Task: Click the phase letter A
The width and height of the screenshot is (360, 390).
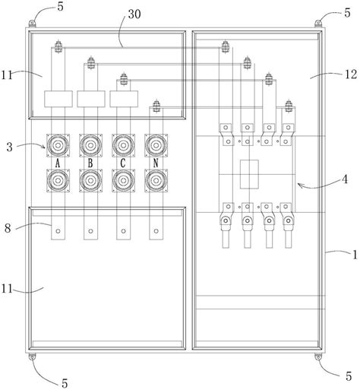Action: [x=58, y=163]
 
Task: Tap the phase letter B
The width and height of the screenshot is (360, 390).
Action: [x=90, y=163]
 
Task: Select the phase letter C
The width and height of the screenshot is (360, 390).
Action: [x=123, y=163]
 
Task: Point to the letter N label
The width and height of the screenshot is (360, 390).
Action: [x=156, y=163]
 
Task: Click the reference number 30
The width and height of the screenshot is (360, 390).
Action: [x=134, y=14]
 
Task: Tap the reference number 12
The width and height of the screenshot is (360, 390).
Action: [x=351, y=74]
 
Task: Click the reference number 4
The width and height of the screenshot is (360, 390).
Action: [x=345, y=179]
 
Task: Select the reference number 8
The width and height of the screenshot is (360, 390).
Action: [x=8, y=228]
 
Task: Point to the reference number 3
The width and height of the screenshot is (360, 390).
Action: [x=9, y=147]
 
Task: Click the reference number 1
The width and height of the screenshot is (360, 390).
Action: [x=355, y=255]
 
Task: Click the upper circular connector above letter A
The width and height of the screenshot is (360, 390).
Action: [x=58, y=145]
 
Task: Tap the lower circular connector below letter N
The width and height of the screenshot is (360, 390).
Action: [x=156, y=180]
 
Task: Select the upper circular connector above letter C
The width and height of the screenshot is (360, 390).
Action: [x=123, y=145]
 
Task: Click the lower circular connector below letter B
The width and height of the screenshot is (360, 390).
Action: [x=90, y=180]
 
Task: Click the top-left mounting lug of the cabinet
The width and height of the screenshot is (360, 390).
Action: [x=32, y=24]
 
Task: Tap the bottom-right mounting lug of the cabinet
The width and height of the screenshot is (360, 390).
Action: [x=318, y=357]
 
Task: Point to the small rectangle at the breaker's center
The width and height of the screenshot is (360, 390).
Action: [x=249, y=174]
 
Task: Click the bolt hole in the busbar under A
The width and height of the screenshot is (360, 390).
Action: [x=58, y=231]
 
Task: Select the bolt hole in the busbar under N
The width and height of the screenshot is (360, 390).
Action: [x=156, y=231]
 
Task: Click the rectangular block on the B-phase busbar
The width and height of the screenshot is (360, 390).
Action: [x=91, y=99]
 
